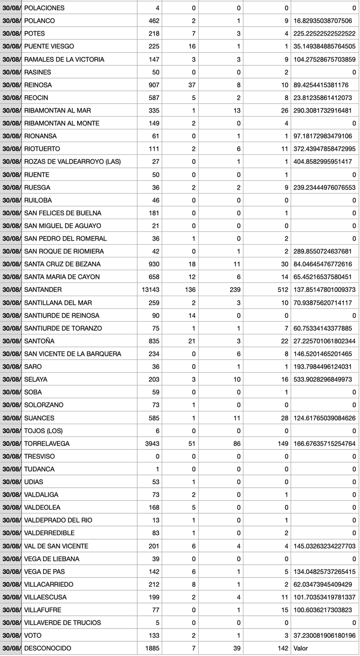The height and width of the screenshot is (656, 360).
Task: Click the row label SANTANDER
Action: [x=43, y=290]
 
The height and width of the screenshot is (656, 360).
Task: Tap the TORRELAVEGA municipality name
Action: [x=46, y=444]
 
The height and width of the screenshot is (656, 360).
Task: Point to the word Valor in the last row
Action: [x=302, y=648]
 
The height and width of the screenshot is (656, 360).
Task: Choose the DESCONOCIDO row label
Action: [x=47, y=648]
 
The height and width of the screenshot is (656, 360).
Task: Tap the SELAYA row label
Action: [x=36, y=379]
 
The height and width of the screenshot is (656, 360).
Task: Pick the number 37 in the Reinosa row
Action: [x=191, y=85]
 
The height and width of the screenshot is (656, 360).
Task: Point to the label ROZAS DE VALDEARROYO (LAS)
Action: [x=72, y=162]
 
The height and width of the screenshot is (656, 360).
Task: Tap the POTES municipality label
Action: [x=34, y=34]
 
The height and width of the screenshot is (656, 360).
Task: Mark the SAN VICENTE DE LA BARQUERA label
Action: [x=72, y=354]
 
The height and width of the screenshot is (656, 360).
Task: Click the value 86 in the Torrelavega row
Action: [x=236, y=444]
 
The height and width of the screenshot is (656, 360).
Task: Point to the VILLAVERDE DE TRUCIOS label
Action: [x=62, y=623]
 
